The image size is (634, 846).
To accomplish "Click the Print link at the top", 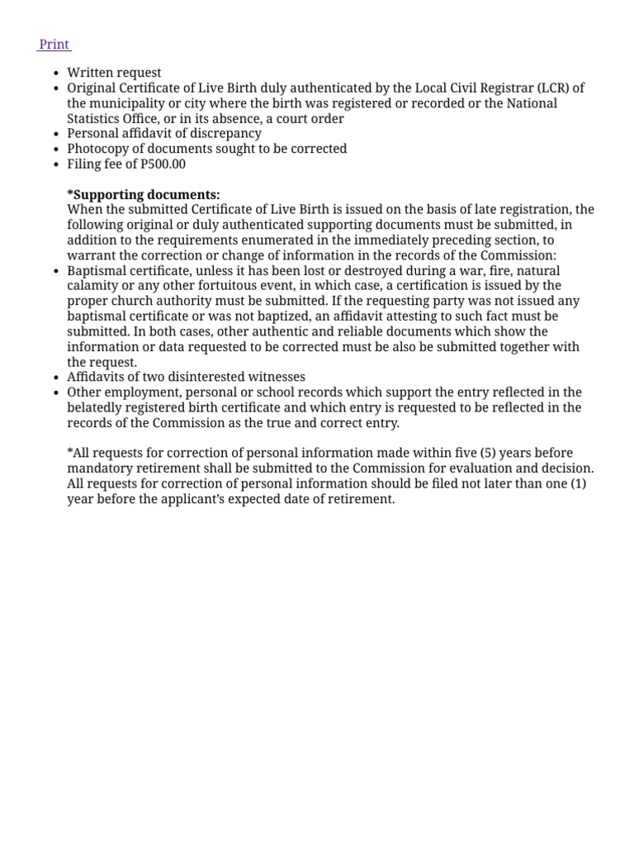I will [54, 44].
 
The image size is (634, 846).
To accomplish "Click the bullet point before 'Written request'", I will [55, 74].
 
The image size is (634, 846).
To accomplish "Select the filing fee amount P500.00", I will [163, 164].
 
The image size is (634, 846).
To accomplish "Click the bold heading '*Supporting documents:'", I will [144, 194].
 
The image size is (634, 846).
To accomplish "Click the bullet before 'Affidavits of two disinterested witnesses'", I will [55, 378].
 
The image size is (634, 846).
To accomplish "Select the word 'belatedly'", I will [96, 407].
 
